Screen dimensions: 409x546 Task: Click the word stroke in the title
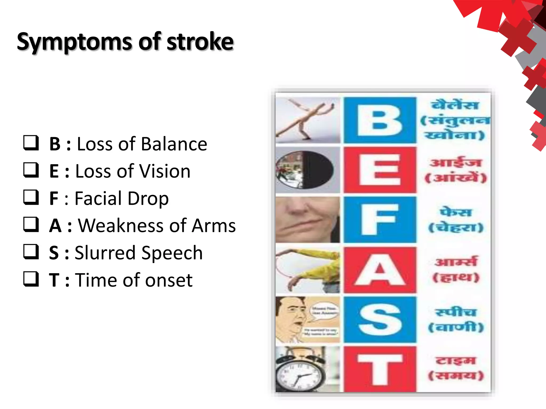click(x=200, y=42)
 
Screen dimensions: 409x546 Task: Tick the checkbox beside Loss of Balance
click(x=31, y=143)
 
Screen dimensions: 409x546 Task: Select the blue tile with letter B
click(x=380, y=120)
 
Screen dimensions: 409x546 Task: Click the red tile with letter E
click(x=380, y=170)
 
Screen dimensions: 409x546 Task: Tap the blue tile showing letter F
click(x=380, y=220)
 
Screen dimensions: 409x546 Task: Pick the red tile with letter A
click(x=380, y=270)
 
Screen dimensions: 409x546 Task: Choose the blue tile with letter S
click(x=380, y=320)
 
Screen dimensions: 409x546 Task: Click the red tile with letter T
click(x=380, y=369)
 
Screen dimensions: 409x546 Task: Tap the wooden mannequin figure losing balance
click(x=307, y=120)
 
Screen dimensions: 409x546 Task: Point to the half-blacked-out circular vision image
click(x=305, y=170)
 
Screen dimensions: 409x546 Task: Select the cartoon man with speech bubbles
click(x=291, y=320)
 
